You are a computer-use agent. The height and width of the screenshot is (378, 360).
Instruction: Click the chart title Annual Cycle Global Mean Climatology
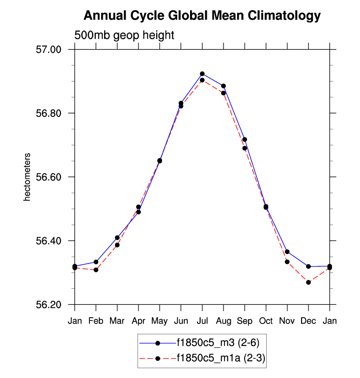point(202,16)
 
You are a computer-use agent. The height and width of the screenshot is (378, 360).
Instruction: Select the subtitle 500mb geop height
point(124,35)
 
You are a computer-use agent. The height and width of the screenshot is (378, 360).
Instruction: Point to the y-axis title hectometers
point(28,177)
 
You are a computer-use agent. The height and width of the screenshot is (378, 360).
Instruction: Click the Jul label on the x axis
point(202,321)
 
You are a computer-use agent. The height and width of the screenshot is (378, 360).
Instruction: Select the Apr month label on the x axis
point(138,321)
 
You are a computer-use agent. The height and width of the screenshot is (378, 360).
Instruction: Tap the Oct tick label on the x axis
point(266,321)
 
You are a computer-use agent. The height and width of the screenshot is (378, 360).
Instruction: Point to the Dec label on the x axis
point(308,321)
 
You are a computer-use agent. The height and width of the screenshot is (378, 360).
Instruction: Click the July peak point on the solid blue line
point(202,74)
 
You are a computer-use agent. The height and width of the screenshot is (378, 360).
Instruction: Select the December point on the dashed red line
point(308,282)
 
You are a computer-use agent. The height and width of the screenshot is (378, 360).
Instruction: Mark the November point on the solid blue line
point(287,252)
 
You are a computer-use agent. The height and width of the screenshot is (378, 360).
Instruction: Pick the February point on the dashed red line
point(96,270)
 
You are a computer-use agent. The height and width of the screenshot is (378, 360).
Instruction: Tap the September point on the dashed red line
point(245,148)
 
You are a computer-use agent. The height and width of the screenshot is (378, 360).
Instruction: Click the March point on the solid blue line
point(117,238)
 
